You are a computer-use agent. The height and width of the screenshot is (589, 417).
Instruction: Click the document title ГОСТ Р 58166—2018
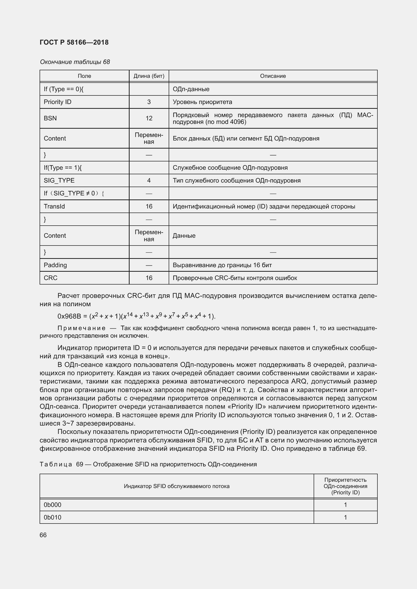click(74, 42)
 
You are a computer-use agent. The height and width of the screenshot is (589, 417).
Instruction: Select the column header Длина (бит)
click(149, 76)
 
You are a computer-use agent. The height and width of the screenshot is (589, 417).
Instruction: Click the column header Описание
click(273, 76)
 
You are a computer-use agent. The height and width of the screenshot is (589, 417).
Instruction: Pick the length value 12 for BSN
click(149, 118)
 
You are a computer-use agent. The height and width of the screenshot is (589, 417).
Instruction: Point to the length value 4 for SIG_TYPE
click(149, 180)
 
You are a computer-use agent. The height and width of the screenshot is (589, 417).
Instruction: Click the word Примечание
click(81, 328)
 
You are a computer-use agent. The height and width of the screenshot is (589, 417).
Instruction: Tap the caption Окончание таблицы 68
click(75, 62)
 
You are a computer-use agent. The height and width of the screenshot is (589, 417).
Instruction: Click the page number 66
click(43, 535)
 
